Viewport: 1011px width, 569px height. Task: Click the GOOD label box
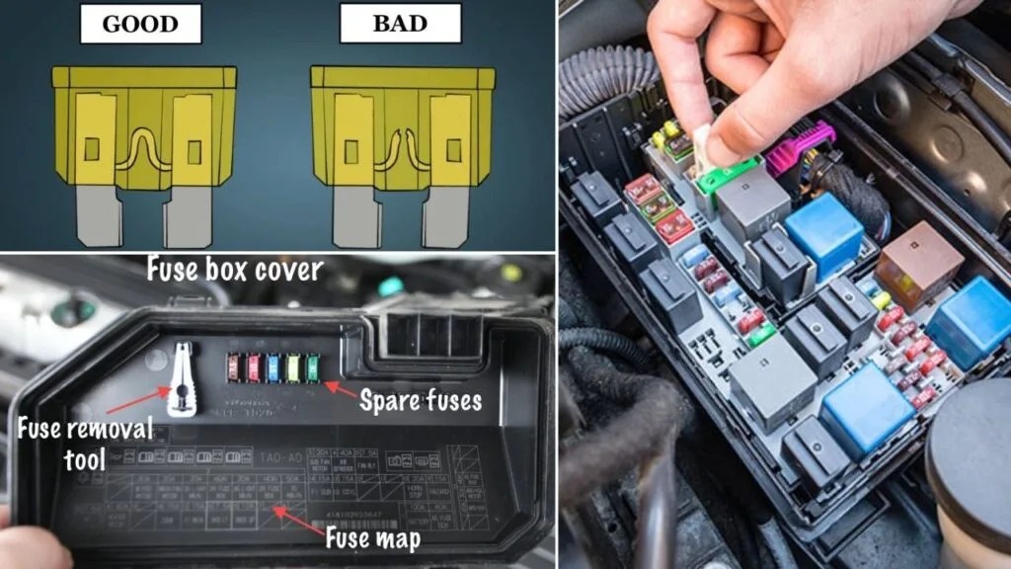pyautogui.click(x=139, y=25)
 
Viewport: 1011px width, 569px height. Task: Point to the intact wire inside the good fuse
pyautogui.click(x=141, y=148)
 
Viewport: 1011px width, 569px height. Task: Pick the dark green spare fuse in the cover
pyautogui.click(x=313, y=366)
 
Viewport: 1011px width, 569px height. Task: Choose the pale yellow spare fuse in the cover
pyautogui.click(x=294, y=366)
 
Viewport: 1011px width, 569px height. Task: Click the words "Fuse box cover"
pyautogui.click(x=235, y=269)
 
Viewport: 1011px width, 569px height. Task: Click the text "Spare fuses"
pyautogui.click(x=420, y=401)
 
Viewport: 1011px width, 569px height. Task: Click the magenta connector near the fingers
pyautogui.click(x=803, y=148)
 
